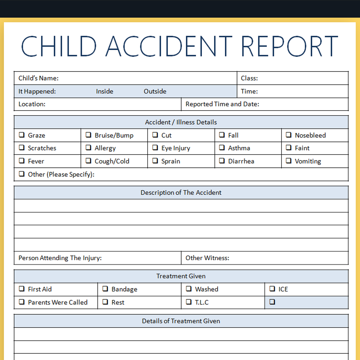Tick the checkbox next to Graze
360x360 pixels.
click(22, 135)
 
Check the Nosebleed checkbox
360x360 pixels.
click(289, 135)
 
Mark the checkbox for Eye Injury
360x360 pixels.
click(155, 148)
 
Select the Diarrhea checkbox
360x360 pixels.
click(222, 161)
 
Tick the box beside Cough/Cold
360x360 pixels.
click(88, 161)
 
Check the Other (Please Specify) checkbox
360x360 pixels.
click(22, 174)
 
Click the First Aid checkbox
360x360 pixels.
click(22, 289)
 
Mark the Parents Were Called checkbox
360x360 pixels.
click(22, 302)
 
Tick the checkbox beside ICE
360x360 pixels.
click(272, 289)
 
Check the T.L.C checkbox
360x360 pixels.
click(189, 302)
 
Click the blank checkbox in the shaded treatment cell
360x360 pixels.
click(272, 302)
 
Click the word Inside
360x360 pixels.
click(104, 91)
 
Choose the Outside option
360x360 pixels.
click(155, 91)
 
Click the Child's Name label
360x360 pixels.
click(38, 78)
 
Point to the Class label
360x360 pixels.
click(249, 78)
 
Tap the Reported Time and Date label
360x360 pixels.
click(222, 104)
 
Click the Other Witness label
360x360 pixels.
click(207, 258)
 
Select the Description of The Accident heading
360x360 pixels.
click(181, 192)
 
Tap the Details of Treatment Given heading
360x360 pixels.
click(181, 321)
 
